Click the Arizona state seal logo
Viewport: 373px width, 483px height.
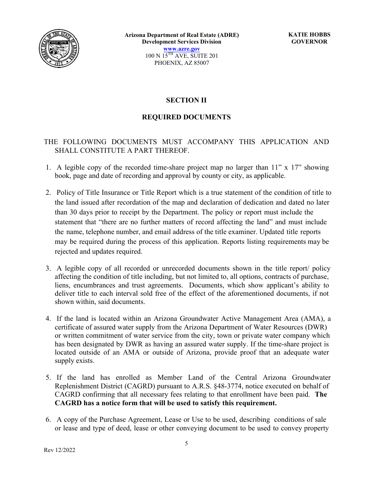coord(59,49)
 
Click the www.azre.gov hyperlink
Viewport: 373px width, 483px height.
coord(181,49)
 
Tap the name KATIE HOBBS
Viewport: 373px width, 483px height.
coord(309,35)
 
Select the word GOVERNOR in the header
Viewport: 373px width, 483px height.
coord(309,42)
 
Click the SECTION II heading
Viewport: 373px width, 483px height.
coord(186,100)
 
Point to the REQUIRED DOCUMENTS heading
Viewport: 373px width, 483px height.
coord(186,117)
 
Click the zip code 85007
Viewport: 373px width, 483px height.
coord(201,63)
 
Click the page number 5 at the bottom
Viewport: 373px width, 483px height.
coord(186,444)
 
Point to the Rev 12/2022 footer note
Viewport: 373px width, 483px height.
coord(60,450)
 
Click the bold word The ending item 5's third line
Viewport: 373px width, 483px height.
coord(321,394)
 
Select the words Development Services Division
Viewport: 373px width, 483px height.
coord(181,42)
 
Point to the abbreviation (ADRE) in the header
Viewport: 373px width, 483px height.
coord(226,35)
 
